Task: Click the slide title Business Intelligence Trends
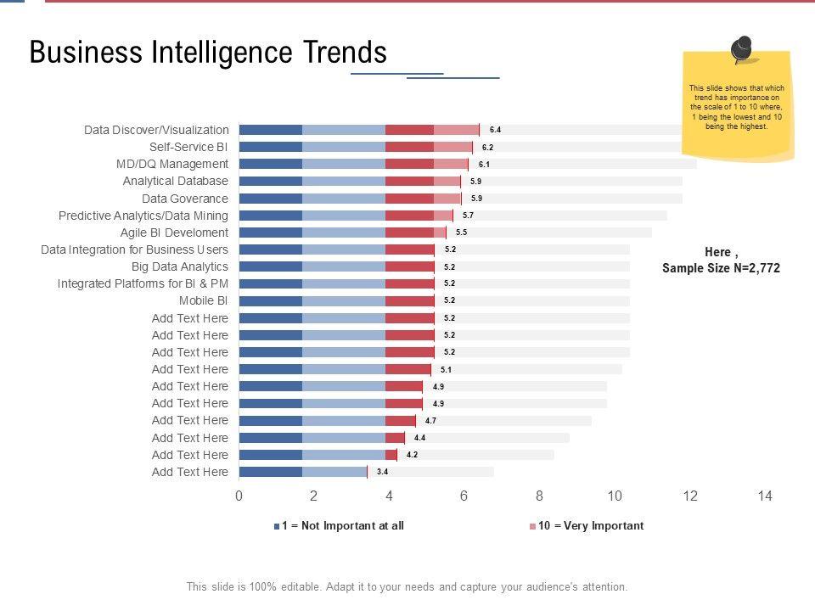click(x=208, y=53)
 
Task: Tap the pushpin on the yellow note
click(x=742, y=49)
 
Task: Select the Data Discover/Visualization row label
click(x=156, y=130)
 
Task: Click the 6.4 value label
click(x=495, y=130)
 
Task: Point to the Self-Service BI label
click(x=188, y=147)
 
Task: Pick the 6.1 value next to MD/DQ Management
click(x=484, y=164)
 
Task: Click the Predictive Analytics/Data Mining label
click(x=143, y=216)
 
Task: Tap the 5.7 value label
click(x=468, y=216)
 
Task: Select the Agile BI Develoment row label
click(x=174, y=233)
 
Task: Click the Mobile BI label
click(x=203, y=300)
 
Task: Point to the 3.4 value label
click(x=382, y=472)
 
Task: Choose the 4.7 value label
click(x=430, y=420)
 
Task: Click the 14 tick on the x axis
click(x=765, y=496)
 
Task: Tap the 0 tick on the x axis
click(x=239, y=496)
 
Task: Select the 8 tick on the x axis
click(x=539, y=496)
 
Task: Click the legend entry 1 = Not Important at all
click(x=342, y=526)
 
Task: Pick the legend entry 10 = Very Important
click(x=590, y=526)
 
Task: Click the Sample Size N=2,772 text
click(x=721, y=268)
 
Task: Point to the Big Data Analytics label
click(x=180, y=266)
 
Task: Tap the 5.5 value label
click(x=461, y=233)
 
